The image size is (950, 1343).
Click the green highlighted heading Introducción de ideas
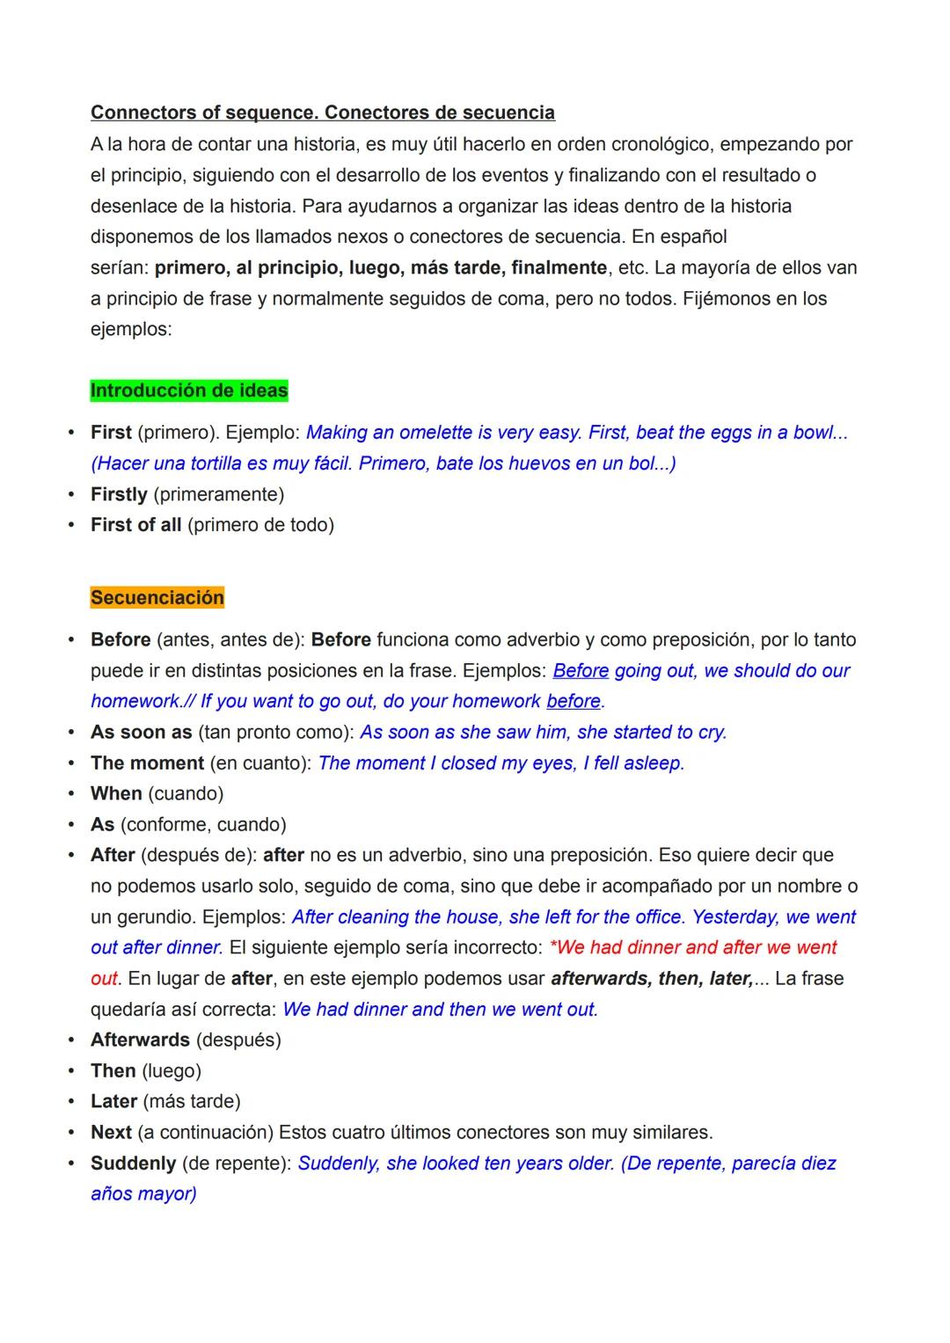point(189,390)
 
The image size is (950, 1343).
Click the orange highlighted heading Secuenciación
point(157,598)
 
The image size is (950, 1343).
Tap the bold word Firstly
point(119,494)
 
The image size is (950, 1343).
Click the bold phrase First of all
point(135,525)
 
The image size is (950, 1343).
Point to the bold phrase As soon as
point(141,732)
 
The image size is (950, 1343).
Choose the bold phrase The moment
point(147,763)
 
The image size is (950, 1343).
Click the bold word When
point(116,793)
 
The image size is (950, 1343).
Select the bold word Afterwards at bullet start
point(140,1040)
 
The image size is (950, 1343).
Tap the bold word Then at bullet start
point(113,1070)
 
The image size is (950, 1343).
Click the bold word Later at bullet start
point(113,1101)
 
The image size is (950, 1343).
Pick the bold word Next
point(111,1132)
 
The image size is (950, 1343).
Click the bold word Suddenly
point(133,1163)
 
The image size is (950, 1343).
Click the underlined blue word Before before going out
point(581,670)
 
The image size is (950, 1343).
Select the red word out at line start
point(104,978)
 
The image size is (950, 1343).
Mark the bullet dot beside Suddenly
point(71,1163)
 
